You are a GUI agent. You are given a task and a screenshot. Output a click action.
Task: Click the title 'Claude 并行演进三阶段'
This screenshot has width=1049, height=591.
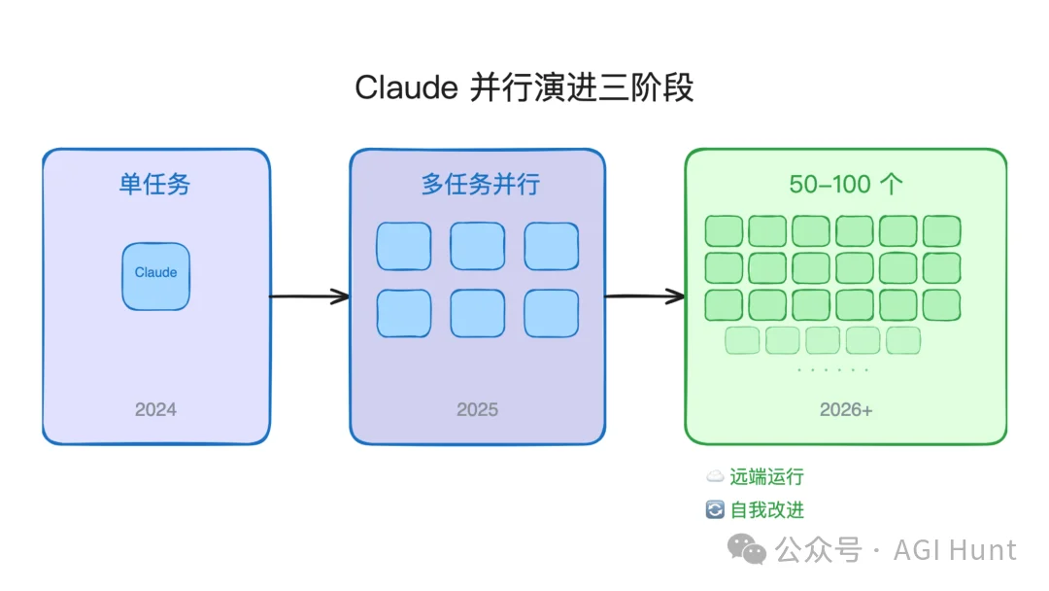click(x=524, y=87)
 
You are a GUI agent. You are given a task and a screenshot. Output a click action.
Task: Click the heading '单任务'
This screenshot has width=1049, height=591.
click(x=155, y=184)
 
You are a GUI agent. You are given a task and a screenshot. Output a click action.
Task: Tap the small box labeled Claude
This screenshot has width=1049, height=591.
click(x=155, y=276)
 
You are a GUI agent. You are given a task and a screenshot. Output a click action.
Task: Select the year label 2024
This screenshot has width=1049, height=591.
click(x=155, y=409)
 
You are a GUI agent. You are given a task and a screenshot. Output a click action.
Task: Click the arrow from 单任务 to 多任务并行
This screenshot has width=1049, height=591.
click(x=309, y=296)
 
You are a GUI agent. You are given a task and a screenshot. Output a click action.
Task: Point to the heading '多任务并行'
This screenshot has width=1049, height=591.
click(x=480, y=184)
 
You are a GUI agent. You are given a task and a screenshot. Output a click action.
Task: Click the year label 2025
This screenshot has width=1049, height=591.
click(x=477, y=409)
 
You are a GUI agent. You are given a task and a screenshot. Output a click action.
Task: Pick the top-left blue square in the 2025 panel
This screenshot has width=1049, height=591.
click(x=403, y=246)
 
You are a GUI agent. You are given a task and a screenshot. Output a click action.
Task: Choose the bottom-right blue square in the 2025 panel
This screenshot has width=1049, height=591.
click(x=552, y=313)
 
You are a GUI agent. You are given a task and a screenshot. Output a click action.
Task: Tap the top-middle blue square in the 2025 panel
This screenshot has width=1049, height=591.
click(x=477, y=246)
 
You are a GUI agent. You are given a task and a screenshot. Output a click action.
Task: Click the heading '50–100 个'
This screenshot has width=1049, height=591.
click(x=844, y=184)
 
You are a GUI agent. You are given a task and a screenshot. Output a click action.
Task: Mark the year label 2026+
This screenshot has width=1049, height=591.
click(x=846, y=409)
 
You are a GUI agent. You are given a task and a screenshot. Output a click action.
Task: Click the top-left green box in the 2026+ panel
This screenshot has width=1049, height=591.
click(x=723, y=231)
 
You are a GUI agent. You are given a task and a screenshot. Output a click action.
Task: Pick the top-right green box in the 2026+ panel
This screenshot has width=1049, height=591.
click(x=941, y=231)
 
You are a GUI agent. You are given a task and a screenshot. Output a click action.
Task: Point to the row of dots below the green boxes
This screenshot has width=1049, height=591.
click(x=832, y=370)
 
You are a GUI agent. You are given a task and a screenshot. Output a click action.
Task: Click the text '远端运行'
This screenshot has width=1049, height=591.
click(x=766, y=477)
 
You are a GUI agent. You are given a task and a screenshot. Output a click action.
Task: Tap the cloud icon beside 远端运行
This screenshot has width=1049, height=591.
click(x=715, y=477)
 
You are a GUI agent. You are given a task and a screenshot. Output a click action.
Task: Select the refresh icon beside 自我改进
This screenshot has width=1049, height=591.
click(x=715, y=509)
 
